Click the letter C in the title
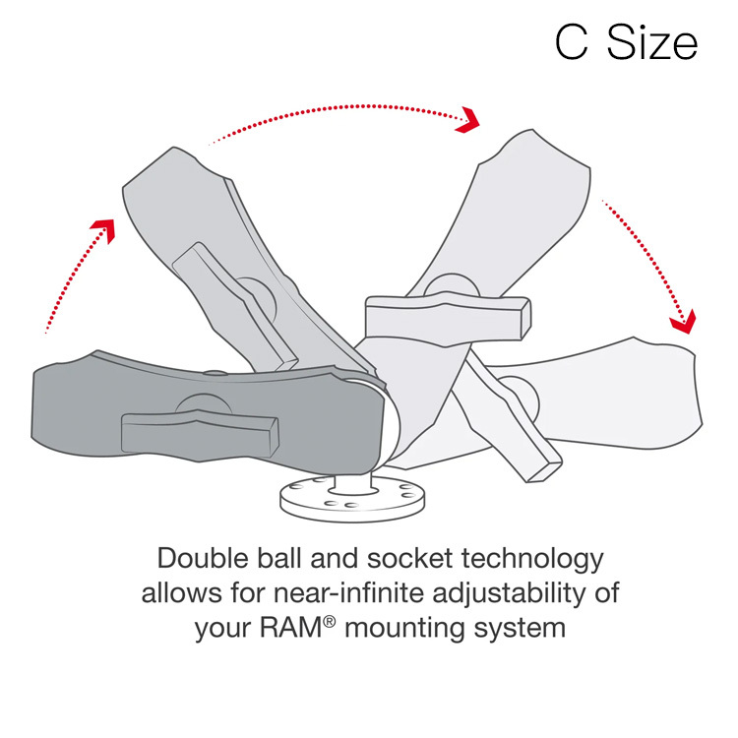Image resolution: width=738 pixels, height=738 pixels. [x=572, y=43]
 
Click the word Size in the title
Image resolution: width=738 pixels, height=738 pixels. [x=652, y=42]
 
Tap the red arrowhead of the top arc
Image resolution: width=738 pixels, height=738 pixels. [x=467, y=120]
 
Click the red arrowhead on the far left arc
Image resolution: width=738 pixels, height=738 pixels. [x=103, y=230]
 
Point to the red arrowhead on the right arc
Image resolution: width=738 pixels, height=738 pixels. [x=684, y=323]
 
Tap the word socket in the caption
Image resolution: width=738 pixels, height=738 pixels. [x=408, y=559]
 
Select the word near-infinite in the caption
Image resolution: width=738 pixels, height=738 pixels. [x=348, y=592]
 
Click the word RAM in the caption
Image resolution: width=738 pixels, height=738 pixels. [x=291, y=628]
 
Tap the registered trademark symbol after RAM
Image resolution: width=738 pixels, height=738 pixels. [x=330, y=622]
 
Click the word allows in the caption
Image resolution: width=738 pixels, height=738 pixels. [x=182, y=592]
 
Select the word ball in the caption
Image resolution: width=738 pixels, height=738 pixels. [x=278, y=559]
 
